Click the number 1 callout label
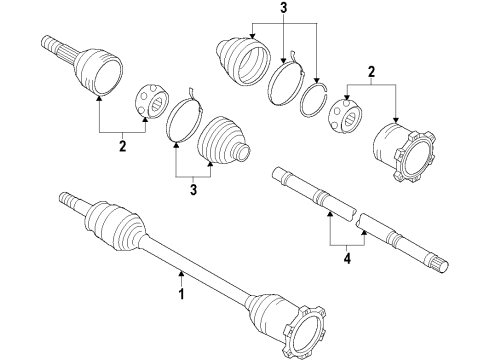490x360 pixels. point(181,296)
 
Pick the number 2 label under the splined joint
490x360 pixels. point(123,145)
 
